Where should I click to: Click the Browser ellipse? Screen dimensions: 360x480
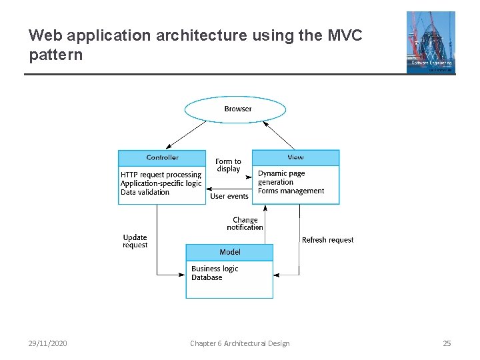pos(235,109)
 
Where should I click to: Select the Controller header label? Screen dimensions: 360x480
pos(162,157)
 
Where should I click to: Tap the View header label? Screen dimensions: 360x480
pos(295,157)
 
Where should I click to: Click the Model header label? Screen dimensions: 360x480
pos(229,252)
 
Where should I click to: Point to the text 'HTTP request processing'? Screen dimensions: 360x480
pos(161,175)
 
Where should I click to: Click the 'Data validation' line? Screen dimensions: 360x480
pos(145,192)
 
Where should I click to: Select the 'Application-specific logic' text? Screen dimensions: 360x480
pos(161,183)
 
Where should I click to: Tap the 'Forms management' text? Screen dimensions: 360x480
pos(291,191)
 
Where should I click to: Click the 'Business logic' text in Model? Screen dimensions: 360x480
pos(214,269)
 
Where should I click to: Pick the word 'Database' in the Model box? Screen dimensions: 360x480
pos(207,277)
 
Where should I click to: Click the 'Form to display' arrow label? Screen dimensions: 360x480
pos(228,165)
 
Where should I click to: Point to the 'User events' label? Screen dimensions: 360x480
pos(229,196)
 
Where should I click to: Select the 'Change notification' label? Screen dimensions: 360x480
pos(245,223)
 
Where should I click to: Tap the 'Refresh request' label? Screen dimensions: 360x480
pos(327,240)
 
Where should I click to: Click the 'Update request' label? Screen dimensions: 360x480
pos(135,241)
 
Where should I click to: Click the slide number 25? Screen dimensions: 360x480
pos(447,343)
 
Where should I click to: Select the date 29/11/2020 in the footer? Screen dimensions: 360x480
pos(47,343)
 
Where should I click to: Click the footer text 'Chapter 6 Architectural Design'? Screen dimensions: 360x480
pos(239,343)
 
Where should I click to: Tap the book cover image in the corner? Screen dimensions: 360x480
pos(431,42)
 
